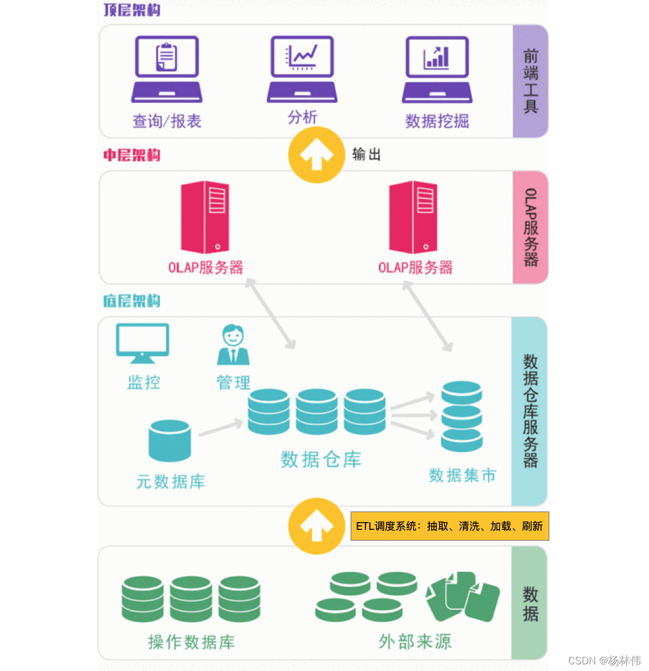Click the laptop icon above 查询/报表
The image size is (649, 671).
tap(166, 69)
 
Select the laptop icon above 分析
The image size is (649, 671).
tap(302, 69)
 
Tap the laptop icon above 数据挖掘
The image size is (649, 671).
tap(437, 69)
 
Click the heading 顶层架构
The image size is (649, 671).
tap(132, 9)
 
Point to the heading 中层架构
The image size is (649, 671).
tap(132, 155)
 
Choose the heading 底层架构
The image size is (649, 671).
tap(132, 301)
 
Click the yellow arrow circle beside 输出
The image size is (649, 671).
tap(316, 155)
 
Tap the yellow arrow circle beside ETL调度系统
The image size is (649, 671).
tap(316, 526)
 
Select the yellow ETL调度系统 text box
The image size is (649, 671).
tap(449, 526)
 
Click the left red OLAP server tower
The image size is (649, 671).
tap(205, 217)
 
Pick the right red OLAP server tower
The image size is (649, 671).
tap(413, 217)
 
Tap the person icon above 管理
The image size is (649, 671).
tap(233, 345)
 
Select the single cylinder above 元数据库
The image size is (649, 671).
tap(170, 441)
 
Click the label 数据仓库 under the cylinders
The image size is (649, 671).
tap(321, 460)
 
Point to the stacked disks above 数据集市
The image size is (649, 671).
tap(462, 416)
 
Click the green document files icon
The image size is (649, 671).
tap(462, 596)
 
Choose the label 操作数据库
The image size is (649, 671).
tap(191, 642)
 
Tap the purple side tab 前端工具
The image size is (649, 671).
tap(530, 81)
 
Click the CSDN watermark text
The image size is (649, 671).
tap(604, 660)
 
